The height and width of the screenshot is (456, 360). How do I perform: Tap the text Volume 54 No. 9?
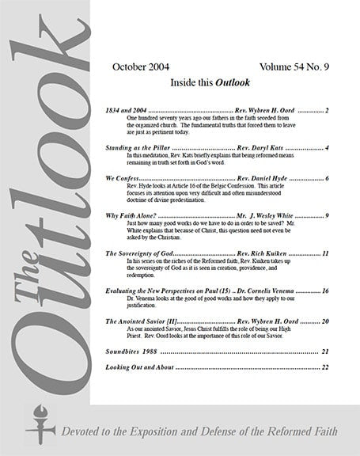pyautogui.click(x=293, y=66)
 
